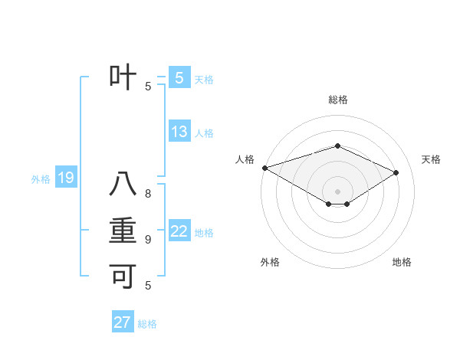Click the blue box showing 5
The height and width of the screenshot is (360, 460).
(x=179, y=78)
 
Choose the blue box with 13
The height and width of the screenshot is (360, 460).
(x=179, y=132)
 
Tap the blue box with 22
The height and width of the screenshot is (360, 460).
(x=179, y=231)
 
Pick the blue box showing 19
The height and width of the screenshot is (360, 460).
(x=66, y=178)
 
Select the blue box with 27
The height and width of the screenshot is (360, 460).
(x=123, y=322)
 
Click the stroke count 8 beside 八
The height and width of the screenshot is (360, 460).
(x=149, y=195)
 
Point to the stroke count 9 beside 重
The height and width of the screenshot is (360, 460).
(x=149, y=240)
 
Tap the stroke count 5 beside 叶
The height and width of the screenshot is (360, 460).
(x=149, y=86)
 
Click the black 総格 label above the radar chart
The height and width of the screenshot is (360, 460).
(x=337, y=100)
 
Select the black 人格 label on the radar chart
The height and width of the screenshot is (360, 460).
(x=245, y=159)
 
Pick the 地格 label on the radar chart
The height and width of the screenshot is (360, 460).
(x=402, y=263)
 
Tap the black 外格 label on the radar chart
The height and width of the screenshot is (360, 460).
(x=270, y=263)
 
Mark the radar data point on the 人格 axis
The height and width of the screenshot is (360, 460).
(x=264, y=168)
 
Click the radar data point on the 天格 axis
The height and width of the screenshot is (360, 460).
(x=396, y=172)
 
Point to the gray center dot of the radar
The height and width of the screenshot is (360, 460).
(x=337, y=191)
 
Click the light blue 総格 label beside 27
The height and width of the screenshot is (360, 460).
(x=147, y=324)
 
